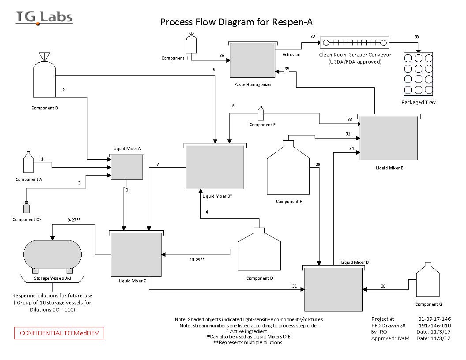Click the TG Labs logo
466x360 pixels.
pyautogui.click(x=44, y=17)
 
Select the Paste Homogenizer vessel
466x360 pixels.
pyautogui.click(x=252, y=61)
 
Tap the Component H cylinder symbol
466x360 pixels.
pyautogui.click(x=191, y=44)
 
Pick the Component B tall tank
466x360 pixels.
pyautogui.click(x=44, y=79)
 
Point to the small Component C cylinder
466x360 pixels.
pyautogui.click(x=26, y=207)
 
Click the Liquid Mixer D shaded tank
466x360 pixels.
pyautogui.click(x=333, y=289)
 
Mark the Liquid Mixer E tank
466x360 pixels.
pyautogui.click(x=388, y=138)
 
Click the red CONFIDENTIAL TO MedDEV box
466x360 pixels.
pyautogui.click(x=60, y=333)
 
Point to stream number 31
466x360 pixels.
pyautogui.click(x=294, y=286)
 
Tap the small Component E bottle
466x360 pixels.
pyautogui.click(x=260, y=113)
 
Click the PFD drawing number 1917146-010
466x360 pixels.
pyautogui.click(x=434, y=325)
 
